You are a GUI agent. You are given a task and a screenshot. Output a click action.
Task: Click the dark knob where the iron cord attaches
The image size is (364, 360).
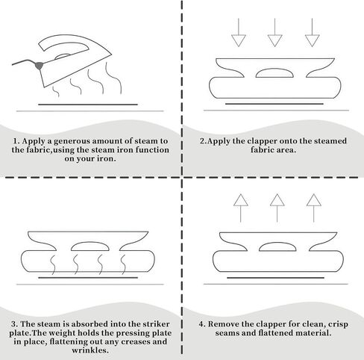[x=39, y=66]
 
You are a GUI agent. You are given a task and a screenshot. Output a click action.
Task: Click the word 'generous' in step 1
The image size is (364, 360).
[x=69, y=141]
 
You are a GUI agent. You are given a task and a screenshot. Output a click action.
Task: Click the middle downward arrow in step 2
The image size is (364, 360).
[x=274, y=32]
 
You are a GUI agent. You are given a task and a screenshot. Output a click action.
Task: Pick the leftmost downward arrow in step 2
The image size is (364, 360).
[x=239, y=32]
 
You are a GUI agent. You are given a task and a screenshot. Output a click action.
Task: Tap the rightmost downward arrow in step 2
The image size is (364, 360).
[x=312, y=32]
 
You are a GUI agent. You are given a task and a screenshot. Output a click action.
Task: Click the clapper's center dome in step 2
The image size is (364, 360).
[x=274, y=73]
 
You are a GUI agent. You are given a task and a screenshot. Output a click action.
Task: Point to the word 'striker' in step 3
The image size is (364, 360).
[x=156, y=324]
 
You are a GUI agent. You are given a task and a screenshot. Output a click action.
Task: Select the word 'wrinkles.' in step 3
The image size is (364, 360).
[x=90, y=350]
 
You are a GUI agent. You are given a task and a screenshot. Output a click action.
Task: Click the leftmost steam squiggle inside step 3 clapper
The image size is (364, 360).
[x=53, y=264]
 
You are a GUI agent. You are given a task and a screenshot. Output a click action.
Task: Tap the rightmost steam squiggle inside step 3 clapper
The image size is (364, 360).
[x=123, y=264]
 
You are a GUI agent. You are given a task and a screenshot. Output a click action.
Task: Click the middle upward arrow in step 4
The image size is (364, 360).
[x=277, y=208]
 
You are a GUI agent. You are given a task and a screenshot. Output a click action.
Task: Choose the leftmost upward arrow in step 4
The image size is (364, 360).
[x=241, y=208]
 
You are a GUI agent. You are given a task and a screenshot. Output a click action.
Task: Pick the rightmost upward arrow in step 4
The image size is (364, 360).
[x=314, y=208]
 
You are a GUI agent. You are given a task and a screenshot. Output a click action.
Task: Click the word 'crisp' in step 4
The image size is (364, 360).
[x=338, y=324]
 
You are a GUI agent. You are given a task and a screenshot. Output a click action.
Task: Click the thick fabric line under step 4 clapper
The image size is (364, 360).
[x=275, y=278]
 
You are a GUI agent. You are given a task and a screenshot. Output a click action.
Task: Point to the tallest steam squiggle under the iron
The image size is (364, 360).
[x=114, y=78]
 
